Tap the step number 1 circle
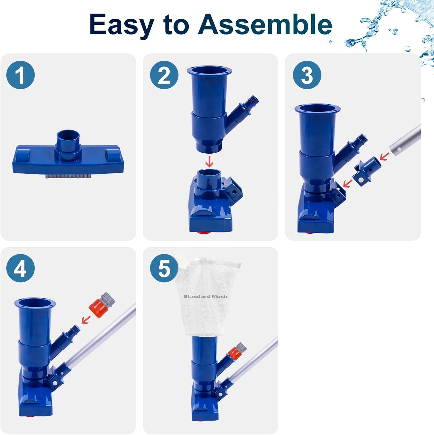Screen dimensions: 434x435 pos(21,75)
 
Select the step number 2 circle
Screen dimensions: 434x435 pos(164,75)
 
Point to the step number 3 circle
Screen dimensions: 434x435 pos(307,75)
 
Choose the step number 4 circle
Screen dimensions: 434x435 pos(21,268)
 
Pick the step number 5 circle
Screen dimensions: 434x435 pos(164,268)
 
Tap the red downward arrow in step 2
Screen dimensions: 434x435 pos(209,161)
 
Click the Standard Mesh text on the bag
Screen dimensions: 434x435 pos(206,296)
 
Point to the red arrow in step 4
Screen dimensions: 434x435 pos(86,319)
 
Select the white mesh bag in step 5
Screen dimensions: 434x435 pos(208,294)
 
